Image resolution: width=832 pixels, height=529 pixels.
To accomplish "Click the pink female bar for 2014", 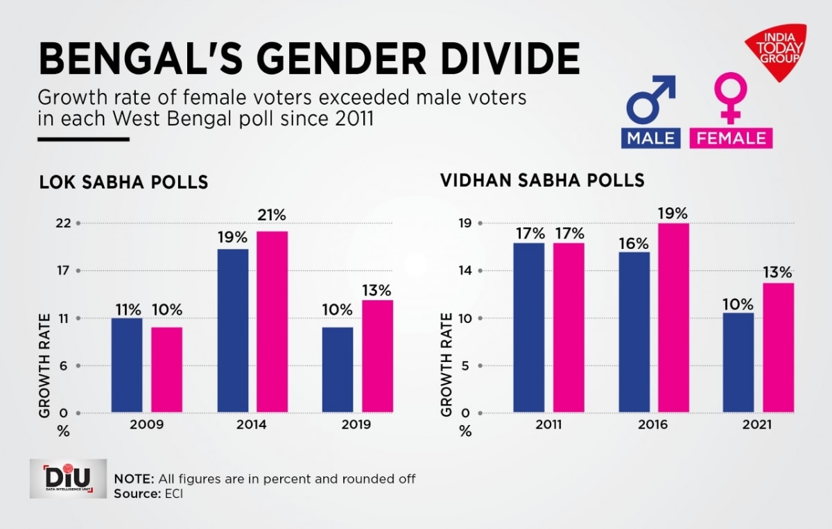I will [272, 322].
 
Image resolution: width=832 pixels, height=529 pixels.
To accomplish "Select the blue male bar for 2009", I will [126, 365].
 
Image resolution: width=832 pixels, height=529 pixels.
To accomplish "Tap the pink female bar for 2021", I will [779, 348].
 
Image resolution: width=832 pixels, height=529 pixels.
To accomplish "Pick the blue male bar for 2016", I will [634, 333].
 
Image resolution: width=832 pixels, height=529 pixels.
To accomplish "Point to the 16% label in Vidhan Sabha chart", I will [634, 243].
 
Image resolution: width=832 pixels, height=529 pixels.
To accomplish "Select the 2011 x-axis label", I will [548, 424].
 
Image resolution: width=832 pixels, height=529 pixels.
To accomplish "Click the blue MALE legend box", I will [650, 137].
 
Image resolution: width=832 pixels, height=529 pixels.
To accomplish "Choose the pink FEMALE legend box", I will [731, 137].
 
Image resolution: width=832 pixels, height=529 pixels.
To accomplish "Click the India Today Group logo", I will [776, 53].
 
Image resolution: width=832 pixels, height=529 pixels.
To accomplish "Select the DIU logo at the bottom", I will [68, 478].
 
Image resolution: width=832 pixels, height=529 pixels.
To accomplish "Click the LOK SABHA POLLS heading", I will [123, 183].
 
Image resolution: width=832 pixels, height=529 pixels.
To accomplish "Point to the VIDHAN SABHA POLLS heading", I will [542, 181].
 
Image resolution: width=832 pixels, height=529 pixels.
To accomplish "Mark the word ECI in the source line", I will [169, 493].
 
